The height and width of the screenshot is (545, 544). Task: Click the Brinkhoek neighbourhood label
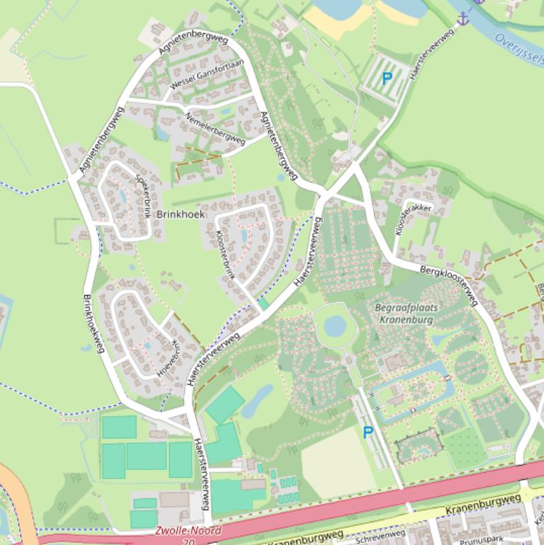coord(180,214)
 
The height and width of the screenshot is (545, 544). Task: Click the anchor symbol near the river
coord(463,18)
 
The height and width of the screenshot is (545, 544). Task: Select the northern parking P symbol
coord(386,79)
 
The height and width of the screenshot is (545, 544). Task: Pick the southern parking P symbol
coord(368,432)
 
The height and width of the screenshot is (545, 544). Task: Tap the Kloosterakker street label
coord(414,218)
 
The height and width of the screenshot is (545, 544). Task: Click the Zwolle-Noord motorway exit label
coord(187,530)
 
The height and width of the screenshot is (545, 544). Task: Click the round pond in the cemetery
coord(335,326)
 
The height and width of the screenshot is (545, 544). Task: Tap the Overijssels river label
coord(519,48)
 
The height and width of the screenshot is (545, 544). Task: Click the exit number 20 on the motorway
coord(187,541)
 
